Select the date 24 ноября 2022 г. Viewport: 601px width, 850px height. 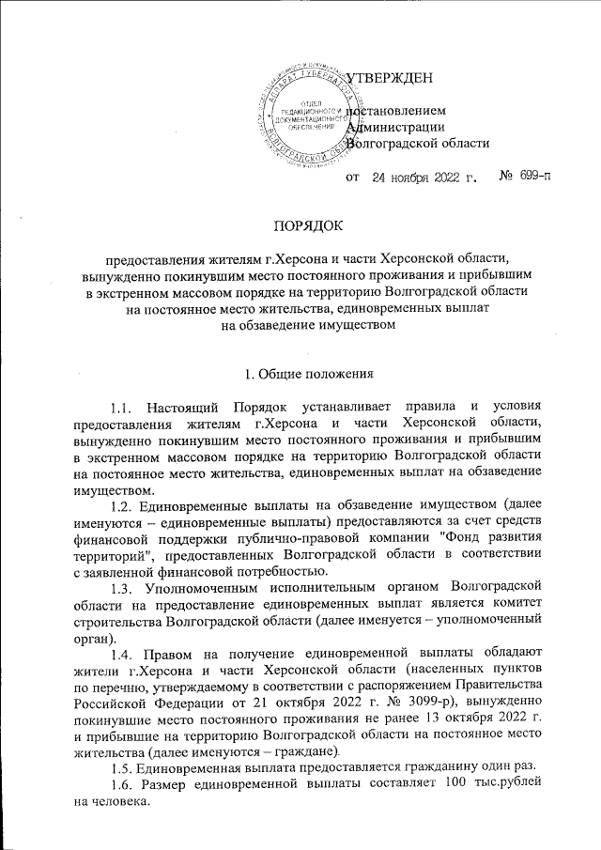pyautogui.click(x=424, y=177)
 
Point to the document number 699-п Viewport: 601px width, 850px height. pyautogui.click(x=533, y=177)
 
